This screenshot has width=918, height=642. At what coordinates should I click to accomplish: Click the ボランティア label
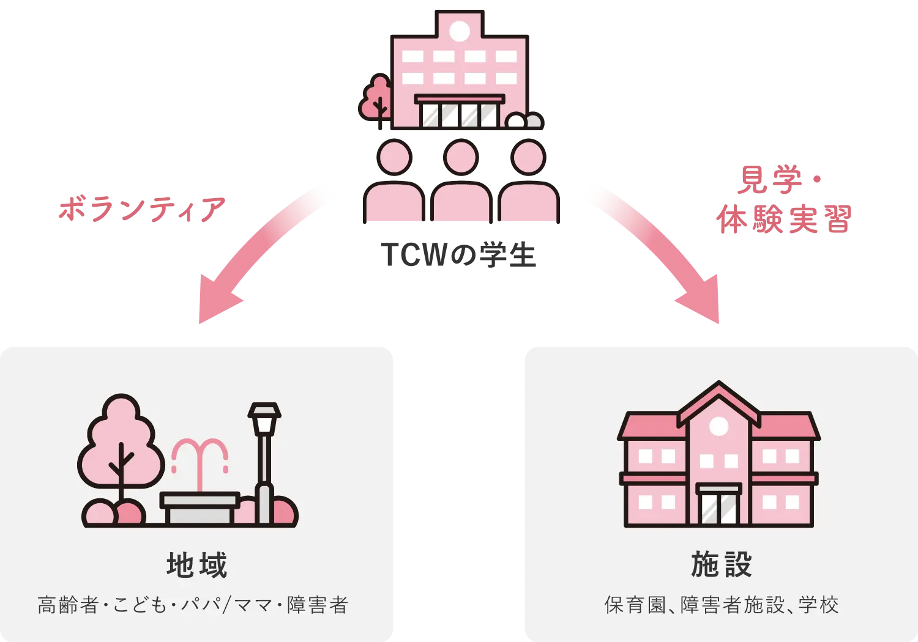click(x=142, y=210)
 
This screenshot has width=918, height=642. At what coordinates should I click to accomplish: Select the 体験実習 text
click(x=783, y=219)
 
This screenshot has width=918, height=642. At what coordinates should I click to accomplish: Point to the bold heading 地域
click(x=197, y=565)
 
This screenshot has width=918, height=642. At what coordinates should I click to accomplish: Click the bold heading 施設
click(x=721, y=565)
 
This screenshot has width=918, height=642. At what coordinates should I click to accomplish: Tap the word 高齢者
click(x=68, y=605)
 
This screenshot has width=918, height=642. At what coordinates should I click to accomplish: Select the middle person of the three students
click(x=461, y=183)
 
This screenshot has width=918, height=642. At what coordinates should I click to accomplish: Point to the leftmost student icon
click(x=394, y=183)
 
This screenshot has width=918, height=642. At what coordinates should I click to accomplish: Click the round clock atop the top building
click(x=460, y=31)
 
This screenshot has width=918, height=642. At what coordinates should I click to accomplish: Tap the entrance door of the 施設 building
click(x=718, y=506)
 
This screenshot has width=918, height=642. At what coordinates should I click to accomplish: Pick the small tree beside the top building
click(x=376, y=99)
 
